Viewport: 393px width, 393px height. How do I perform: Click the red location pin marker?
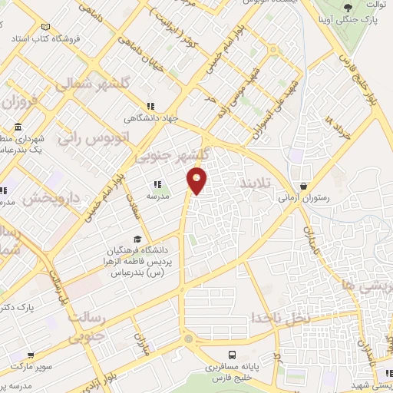tap(197, 180)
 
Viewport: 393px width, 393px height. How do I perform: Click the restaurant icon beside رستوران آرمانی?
tap(305, 186)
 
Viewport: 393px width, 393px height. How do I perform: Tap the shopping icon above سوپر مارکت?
tap(29, 356)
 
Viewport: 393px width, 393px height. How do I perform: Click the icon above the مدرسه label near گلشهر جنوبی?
tap(157, 184)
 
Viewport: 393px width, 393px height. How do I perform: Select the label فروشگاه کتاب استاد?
tap(38, 37)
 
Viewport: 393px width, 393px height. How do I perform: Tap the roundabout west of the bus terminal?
tap(188, 339)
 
